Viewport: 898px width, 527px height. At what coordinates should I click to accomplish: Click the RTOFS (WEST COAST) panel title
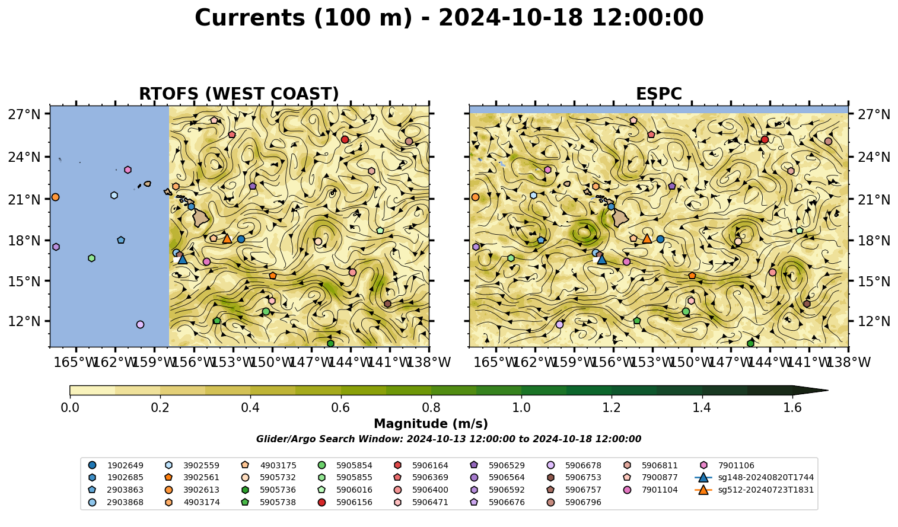239,94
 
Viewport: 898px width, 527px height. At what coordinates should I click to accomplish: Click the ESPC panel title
658,94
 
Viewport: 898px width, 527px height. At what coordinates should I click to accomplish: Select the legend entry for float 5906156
346,502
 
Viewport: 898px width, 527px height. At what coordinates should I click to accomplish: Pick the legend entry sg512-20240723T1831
754,490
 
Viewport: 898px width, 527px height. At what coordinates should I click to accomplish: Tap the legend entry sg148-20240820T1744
754,477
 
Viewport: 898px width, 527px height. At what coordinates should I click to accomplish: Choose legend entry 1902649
116,465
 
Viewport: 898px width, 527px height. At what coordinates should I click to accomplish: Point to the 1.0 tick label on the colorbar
521,408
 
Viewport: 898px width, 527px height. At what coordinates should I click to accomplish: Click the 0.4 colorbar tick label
250,408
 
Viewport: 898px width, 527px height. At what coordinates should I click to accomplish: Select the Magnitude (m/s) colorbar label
431,424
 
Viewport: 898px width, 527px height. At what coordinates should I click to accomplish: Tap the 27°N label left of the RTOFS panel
24,114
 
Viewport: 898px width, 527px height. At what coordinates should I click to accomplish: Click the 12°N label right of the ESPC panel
874,321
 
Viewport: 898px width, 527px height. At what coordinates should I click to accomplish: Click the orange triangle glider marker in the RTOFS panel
227,239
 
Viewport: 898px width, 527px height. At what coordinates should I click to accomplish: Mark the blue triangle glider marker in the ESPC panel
602,259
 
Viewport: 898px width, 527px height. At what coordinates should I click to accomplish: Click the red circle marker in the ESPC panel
765,139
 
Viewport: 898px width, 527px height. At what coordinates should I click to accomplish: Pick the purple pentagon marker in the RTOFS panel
253,186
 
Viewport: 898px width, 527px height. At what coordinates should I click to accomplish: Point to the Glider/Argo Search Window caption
448,439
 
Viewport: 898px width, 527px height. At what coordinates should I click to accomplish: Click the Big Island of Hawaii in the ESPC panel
620,218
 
